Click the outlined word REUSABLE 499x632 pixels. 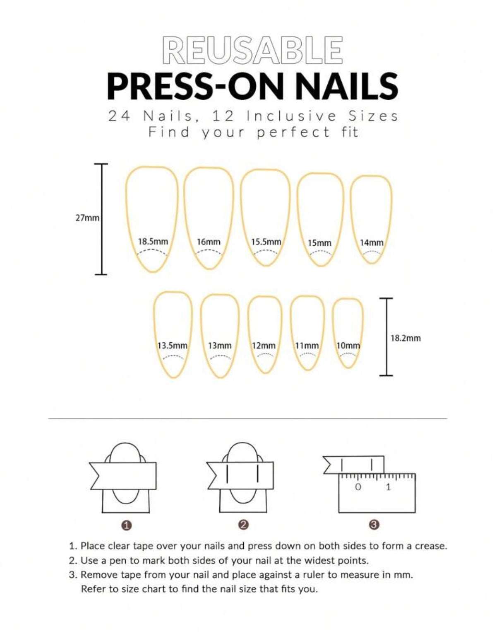click(x=252, y=50)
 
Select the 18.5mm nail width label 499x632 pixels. click(x=153, y=241)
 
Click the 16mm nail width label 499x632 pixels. click(x=209, y=242)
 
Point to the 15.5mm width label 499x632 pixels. click(x=266, y=242)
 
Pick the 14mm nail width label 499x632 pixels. click(x=371, y=242)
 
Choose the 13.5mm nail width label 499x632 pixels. click(x=172, y=345)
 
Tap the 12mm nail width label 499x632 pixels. click(x=264, y=345)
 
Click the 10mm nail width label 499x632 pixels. click(x=348, y=345)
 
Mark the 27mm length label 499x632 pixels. click(x=87, y=218)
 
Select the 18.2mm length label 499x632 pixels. click(x=405, y=338)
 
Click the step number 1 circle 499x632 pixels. click(x=127, y=525)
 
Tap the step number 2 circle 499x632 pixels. click(x=243, y=525)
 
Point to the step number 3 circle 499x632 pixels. click(x=374, y=525)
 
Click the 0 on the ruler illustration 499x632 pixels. click(x=358, y=487)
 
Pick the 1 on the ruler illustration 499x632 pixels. click(x=388, y=487)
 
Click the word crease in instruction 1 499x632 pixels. click(x=430, y=546)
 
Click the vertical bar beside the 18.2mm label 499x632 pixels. click(x=386, y=337)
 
